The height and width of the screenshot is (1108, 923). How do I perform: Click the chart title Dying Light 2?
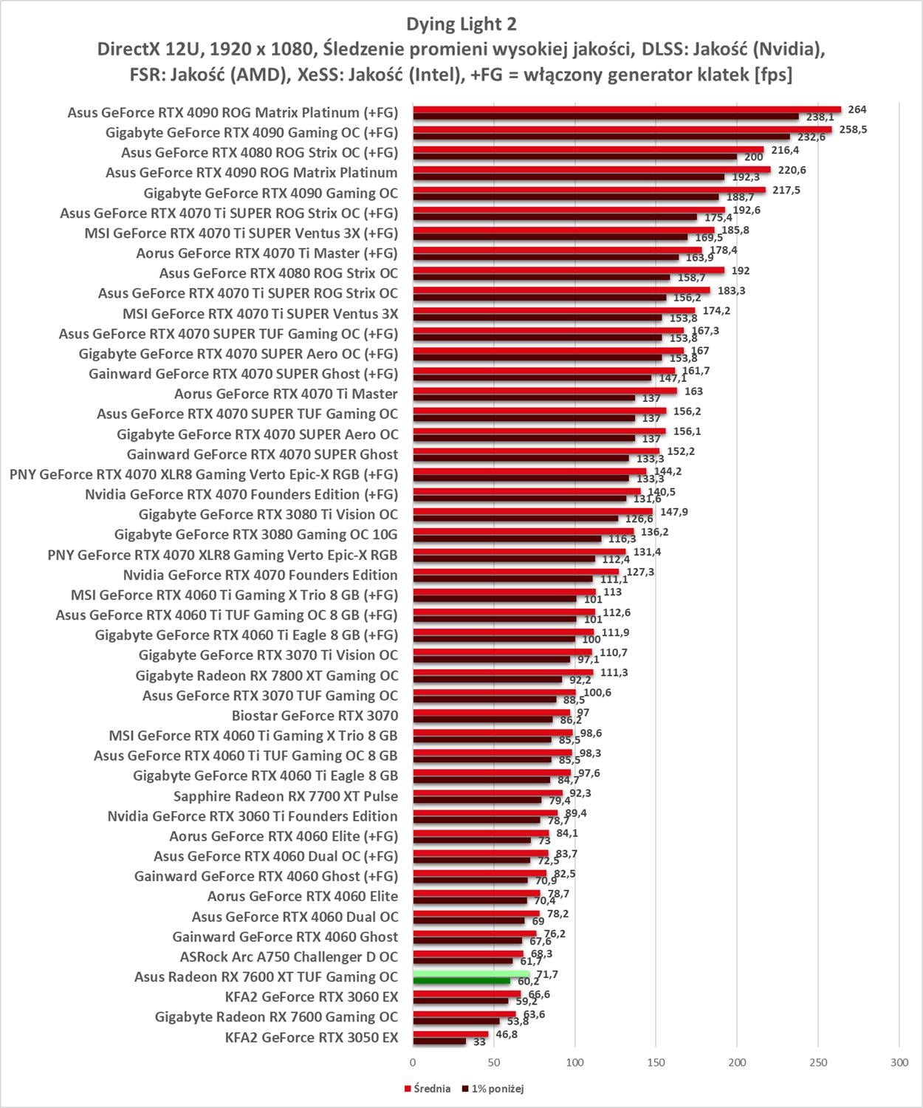pos(461,24)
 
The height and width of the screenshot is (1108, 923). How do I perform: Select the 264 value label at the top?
pos(857,109)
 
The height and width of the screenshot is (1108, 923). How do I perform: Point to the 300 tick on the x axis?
pos(899,1062)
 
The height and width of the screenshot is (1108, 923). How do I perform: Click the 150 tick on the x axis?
pos(656,1062)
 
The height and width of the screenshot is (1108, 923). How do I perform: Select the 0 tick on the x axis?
pos(413,1062)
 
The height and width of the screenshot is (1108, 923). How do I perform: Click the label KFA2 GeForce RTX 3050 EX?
pos(311,1037)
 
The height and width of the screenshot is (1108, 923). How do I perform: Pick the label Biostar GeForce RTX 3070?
pos(315,715)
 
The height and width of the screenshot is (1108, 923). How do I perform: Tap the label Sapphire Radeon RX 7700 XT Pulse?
pos(285,796)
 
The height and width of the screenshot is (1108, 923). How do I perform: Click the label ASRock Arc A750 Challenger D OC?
pos(289,957)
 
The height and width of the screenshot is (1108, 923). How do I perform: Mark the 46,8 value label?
pos(507,1034)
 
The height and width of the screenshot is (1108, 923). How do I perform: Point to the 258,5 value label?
pos(853,129)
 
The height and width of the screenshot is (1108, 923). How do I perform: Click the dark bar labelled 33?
pos(439,1041)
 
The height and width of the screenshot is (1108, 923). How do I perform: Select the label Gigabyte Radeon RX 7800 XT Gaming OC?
pos(267,675)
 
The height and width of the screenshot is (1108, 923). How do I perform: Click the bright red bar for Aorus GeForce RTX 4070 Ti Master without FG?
pos(545,391)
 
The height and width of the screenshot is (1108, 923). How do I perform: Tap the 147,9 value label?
pos(673,512)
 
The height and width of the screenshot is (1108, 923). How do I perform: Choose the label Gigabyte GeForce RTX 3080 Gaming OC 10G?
pos(255,534)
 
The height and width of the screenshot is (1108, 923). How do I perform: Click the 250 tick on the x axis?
pos(817,1062)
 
